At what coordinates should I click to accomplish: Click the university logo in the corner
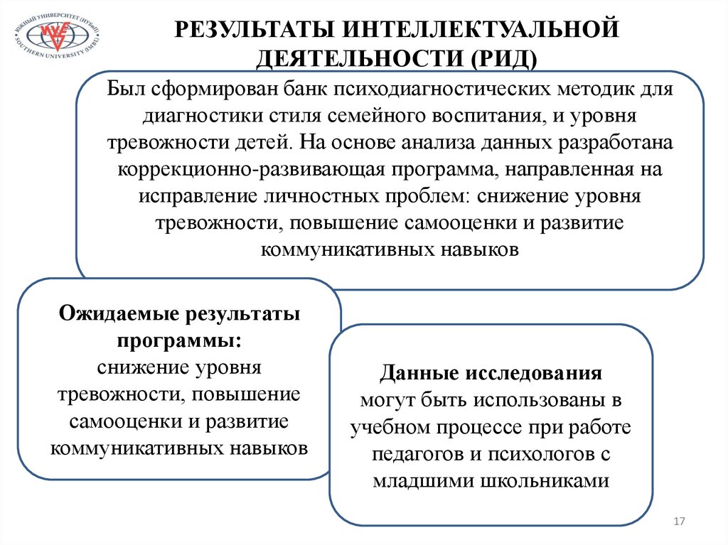pos(56,35)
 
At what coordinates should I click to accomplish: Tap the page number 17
pos(678,523)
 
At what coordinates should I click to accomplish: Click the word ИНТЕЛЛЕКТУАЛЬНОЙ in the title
pos(478,31)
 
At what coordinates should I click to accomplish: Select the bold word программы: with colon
pos(179,340)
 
